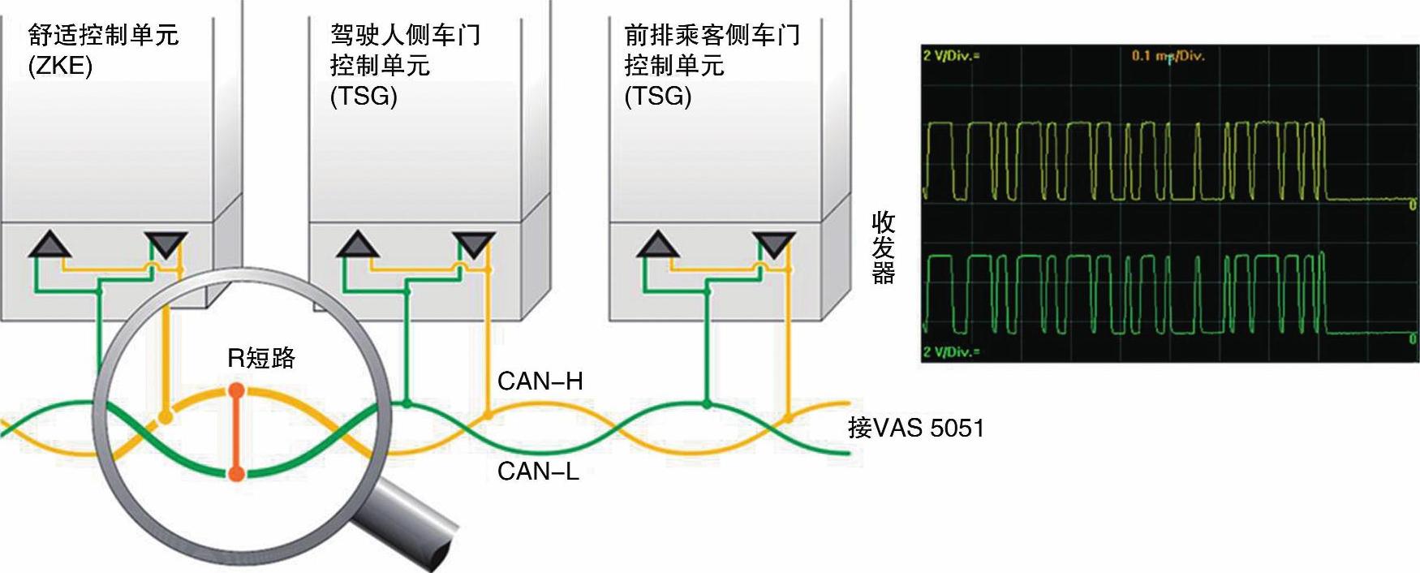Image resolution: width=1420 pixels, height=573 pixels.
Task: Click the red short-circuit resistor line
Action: (236, 432)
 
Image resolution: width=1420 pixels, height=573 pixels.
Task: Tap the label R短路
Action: (261, 357)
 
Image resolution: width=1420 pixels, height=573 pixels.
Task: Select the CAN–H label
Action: (540, 381)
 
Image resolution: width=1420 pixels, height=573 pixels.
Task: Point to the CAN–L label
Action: (538, 471)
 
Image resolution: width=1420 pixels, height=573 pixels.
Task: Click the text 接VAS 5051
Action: (915, 428)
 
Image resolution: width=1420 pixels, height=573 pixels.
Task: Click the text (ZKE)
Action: (60, 66)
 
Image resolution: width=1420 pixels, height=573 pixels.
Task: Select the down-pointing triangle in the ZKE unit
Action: (166, 244)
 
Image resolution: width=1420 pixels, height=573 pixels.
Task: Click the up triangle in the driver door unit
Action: (357, 244)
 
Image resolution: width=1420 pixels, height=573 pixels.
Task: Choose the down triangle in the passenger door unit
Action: (774, 244)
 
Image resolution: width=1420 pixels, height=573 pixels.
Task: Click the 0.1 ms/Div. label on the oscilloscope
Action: (1168, 56)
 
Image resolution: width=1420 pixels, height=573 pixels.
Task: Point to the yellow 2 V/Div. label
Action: (950, 56)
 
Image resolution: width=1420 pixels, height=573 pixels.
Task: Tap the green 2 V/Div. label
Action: (950, 351)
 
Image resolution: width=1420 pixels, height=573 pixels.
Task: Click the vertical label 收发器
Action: (883, 248)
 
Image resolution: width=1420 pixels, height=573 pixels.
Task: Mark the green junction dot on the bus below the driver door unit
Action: (407, 403)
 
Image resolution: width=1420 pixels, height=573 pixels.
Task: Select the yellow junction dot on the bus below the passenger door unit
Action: (786, 418)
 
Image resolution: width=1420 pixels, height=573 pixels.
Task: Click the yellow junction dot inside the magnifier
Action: (166, 417)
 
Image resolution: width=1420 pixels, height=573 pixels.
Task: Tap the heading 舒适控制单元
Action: (103, 35)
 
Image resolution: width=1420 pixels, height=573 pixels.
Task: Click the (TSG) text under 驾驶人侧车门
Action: (363, 97)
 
